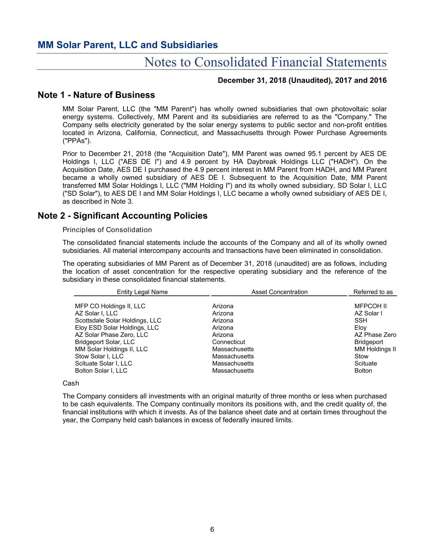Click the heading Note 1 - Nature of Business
96,95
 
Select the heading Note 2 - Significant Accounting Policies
122,216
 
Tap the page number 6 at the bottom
212,530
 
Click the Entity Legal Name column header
142,292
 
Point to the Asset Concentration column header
279,292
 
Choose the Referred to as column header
373,292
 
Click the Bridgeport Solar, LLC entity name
105,342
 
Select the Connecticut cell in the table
228,342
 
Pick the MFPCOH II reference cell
371,306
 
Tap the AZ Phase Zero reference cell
375,335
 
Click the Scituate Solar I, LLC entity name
103,364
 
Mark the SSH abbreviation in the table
361,321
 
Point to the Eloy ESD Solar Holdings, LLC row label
117,328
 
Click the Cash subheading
71,383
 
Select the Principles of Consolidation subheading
107,230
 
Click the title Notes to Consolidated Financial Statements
265,62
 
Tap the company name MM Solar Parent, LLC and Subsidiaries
127,45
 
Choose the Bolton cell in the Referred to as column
363,371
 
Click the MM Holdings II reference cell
375,349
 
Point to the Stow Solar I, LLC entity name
99,357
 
